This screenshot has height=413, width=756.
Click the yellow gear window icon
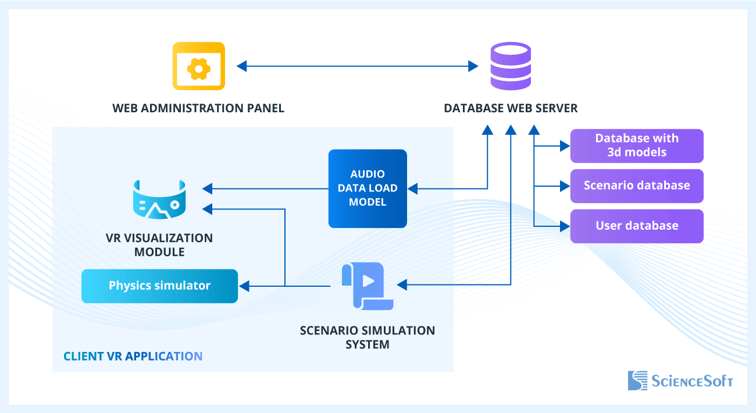tap(198, 66)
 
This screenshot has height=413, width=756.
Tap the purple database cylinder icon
tap(510, 66)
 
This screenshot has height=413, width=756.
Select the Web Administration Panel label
tap(198, 108)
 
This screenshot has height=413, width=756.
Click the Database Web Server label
tap(511, 108)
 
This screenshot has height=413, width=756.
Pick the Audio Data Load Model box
tap(367, 188)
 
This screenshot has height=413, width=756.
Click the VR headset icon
tap(159, 199)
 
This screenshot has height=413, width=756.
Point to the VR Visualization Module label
tap(159, 245)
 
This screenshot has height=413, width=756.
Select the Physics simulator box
tap(159, 286)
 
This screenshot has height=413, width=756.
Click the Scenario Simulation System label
tap(367, 337)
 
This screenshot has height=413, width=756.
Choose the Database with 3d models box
tap(637, 145)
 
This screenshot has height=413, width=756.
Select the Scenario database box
tap(637, 186)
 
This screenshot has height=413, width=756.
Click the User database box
tap(637, 226)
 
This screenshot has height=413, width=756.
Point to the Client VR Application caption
tap(133, 356)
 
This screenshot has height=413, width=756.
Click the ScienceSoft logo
tap(680, 381)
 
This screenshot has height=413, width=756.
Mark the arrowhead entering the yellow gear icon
tap(241, 66)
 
